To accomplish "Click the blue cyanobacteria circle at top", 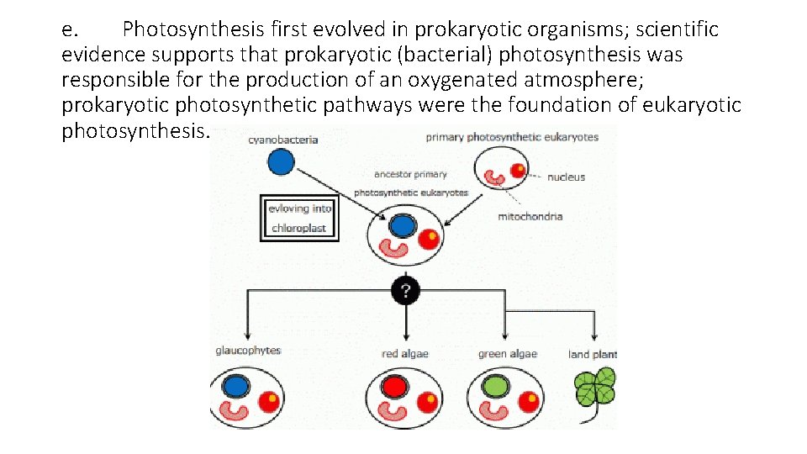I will pyautogui.click(x=282, y=163).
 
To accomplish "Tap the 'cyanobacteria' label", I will pyautogui.click(x=283, y=140).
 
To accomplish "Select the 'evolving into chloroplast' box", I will pyautogui.click(x=298, y=219).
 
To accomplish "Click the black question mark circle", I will pyautogui.click(x=406, y=291).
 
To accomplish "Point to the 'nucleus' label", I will pyautogui.click(x=566, y=177).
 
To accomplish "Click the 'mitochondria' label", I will pyautogui.click(x=530, y=216).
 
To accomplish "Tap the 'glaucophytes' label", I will pyautogui.click(x=247, y=351).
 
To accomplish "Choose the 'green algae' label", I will pyautogui.click(x=507, y=354).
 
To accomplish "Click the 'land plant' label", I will pyautogui.click(x=593, y=354).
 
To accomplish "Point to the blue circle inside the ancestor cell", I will pyautogui.click(x=402, y=226).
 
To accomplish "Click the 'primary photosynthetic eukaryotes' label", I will pyautogui.click(x=512, y=137).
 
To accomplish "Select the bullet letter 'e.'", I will pyautogui.click(x=71, y=30).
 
